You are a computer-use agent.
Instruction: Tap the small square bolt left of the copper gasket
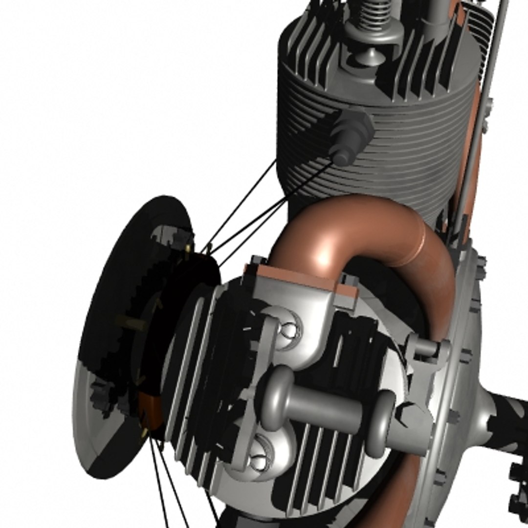coord(258,261)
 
